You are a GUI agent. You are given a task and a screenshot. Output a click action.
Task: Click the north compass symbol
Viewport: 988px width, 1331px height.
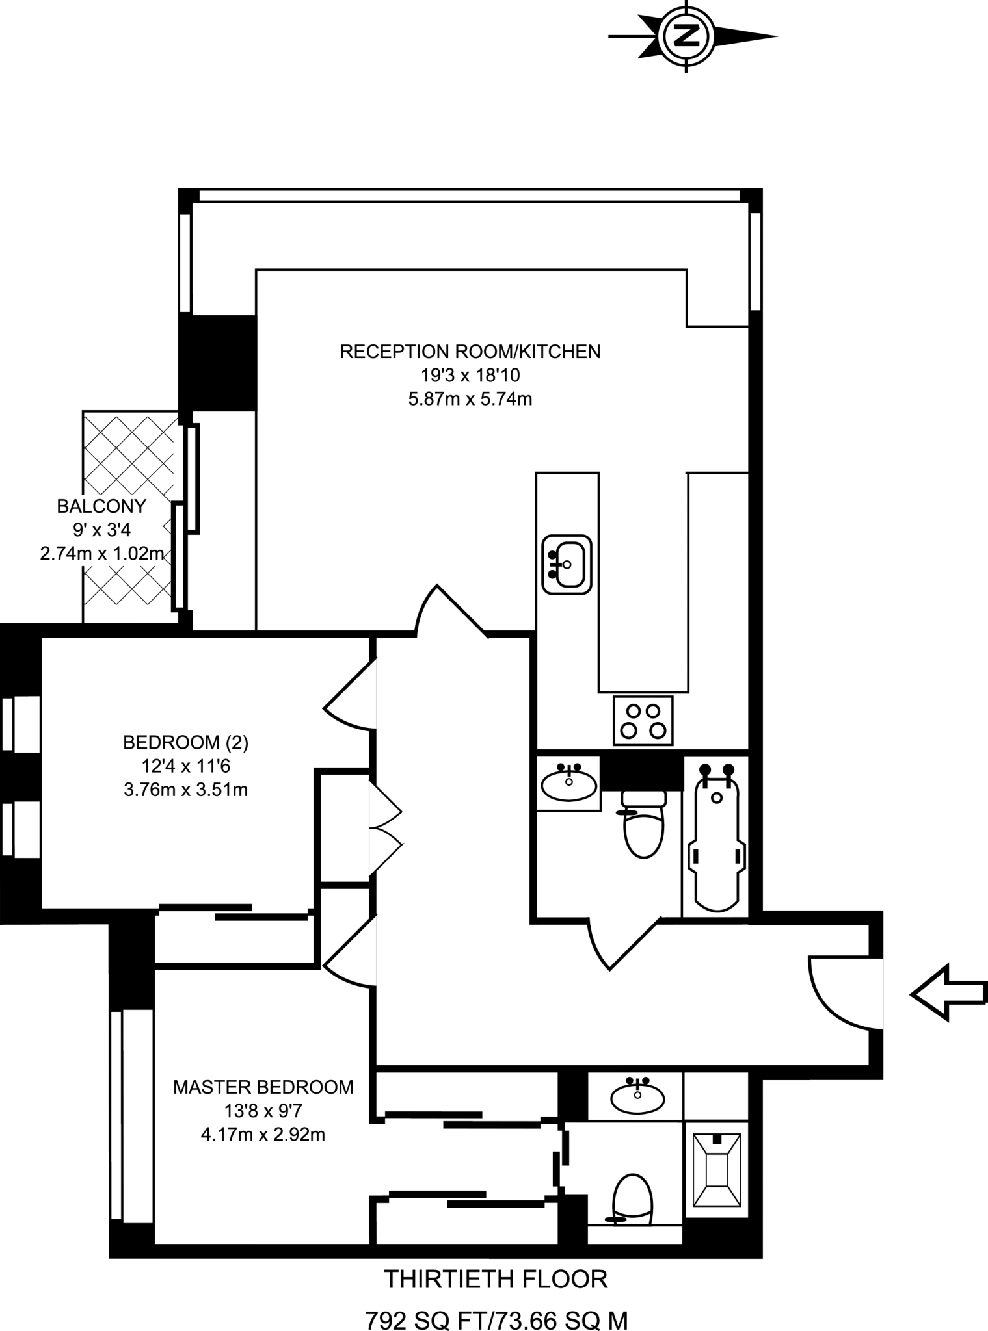tap(686, 36)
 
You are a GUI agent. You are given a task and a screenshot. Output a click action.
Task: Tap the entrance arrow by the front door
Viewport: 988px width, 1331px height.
tap(948, 993)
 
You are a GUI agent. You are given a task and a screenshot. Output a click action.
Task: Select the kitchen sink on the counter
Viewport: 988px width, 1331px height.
tap(567, 564)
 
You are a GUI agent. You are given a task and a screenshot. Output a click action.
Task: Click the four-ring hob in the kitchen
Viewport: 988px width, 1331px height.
tap(643, 721)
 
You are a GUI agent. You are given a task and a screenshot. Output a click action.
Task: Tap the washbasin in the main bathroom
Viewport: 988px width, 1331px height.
tap(568, 783)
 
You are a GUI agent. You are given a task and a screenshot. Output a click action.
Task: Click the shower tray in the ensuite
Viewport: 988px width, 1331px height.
tap(716, 1175)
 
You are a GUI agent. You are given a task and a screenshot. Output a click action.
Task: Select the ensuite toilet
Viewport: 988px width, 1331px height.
tap(632, 1199)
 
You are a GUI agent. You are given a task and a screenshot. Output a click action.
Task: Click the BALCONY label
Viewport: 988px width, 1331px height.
tap(101, 506)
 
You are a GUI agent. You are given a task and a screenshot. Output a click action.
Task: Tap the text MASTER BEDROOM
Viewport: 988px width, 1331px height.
tap(263, 1087)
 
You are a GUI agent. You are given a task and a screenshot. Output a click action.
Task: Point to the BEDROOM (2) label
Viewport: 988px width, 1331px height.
tap(186, 742)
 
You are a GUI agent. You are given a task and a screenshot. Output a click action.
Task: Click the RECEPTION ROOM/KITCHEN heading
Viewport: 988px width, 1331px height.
tap(470, 352)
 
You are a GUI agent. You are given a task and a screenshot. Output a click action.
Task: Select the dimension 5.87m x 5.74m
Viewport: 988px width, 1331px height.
tap(470, 399)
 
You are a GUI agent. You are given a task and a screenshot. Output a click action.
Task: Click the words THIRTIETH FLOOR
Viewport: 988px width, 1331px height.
tap(496, 1279)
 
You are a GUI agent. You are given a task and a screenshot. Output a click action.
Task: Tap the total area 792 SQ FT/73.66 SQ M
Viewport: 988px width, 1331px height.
tap(496, 1320)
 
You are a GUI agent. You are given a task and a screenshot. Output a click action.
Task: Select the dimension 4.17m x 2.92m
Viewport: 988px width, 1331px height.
tap(263, 1135)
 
